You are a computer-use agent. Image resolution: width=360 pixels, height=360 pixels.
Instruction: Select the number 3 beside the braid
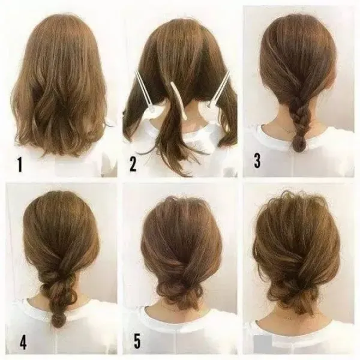coord(257,160)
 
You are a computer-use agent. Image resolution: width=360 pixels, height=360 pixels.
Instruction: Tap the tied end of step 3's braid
coord(298,142)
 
